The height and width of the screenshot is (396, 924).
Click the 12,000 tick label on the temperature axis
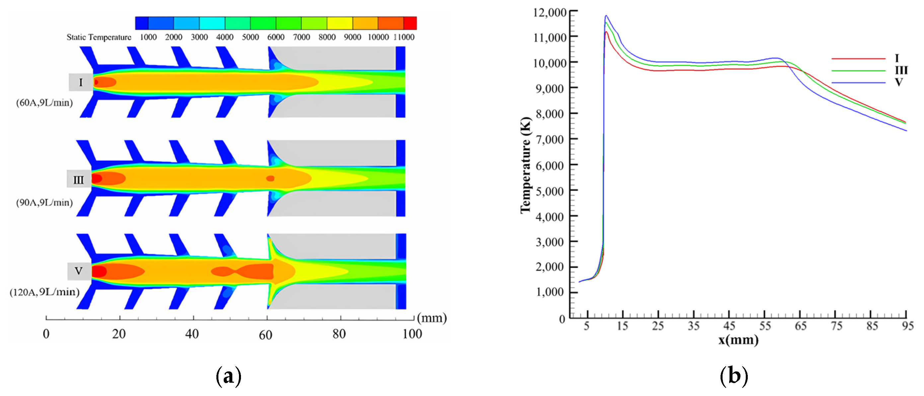click(550, 12)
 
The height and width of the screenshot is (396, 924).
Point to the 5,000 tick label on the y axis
click(550, 191)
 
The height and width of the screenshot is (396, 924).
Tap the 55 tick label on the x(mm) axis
click(764, 326)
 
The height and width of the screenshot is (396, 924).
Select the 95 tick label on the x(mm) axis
click(908, 326)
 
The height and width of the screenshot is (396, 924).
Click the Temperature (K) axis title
click(525, 165)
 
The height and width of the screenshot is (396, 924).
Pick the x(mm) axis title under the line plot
click(738, 340)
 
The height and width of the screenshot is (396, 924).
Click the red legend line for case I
click(858, 58)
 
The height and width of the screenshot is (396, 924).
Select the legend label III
click(901, 70)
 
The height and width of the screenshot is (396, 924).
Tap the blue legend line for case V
click(858, 83)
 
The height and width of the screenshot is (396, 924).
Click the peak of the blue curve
click(606, 16)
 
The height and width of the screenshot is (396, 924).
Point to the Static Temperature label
click(99, 37)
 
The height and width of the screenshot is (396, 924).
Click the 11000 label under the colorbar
click(404, 37)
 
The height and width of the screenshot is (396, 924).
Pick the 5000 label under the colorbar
click(250, 37)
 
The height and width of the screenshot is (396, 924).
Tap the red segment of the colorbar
click(410, 23)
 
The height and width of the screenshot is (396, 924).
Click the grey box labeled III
click(79, 179)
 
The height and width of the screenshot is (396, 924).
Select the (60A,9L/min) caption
click(44, 103)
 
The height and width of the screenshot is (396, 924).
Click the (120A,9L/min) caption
click(44, 292)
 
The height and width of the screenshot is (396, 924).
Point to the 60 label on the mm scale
click(265, 335)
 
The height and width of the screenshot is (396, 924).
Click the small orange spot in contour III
click(270, 178)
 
